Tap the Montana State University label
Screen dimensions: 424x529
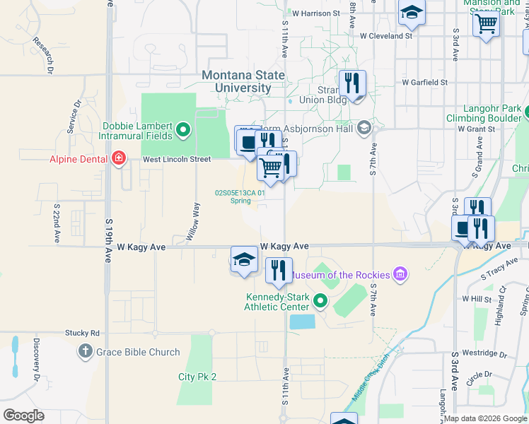pyautogui.click(x=243, y=81)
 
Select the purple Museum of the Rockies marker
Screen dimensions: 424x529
pyautogui.click(x=400, y=273)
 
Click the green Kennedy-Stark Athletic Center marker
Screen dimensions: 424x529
pyautogui.click(x=320, y=302)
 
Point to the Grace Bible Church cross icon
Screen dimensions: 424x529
pyautogui.click(x=85, y=351)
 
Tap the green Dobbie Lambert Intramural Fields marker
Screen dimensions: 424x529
pyautogui.click(x=184, y=129)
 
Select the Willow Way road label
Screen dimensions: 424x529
pyautogui.click(x=190, y=222)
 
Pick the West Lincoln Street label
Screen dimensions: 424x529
pyautogui.click(x=177, y=159)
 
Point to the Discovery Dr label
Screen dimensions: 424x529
pyautogui.click(x=35, y=361)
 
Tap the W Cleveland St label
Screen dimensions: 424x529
pyautogui.click(x=385, y=35)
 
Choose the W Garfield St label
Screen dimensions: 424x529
pyautogui.click(x=424, y=82)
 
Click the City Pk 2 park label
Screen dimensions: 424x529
pyautogui.click(x=197, y=377)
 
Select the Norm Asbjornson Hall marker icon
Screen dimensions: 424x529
pyautogui.click(x=364, y=127)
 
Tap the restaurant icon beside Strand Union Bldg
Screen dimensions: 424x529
pyautogui.click(x=351, y=83)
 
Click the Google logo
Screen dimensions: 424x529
pyautogui.click(x=23, y=416)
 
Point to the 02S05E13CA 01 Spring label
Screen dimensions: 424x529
pyautogui.click(x=240, y=196)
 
